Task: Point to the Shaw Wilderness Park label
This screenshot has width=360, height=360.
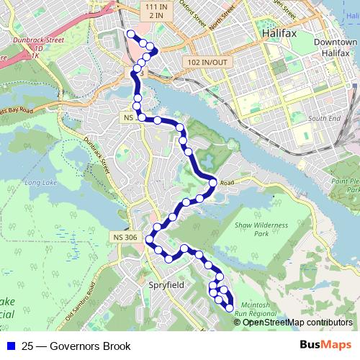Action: point(261,230)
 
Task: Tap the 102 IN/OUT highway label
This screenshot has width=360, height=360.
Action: point(206,61)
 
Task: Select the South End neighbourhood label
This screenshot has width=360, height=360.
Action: point(320,117)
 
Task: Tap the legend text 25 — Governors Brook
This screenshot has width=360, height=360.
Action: point(71,346)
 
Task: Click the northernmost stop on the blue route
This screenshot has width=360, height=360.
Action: point(130,34)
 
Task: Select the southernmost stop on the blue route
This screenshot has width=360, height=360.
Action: point(230,308)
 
